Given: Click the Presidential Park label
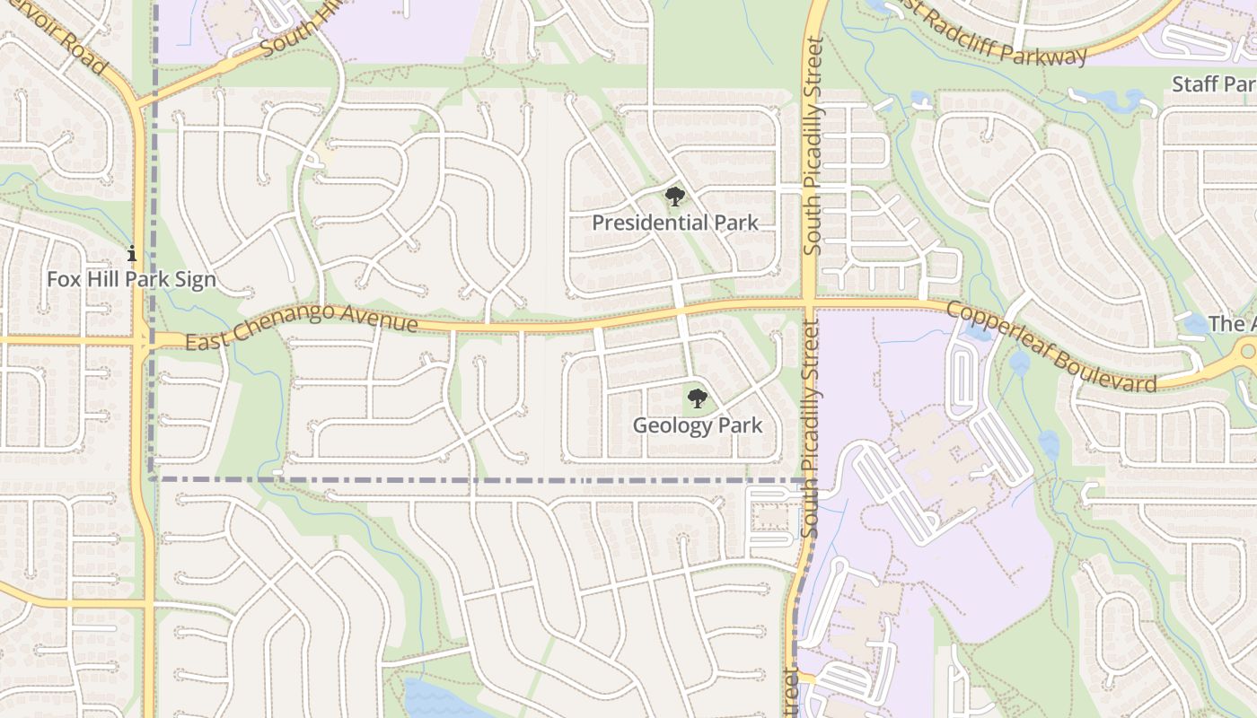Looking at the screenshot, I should coord(675,223).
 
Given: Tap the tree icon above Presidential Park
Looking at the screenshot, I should coord(674,197).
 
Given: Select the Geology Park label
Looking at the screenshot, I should coord(698,425).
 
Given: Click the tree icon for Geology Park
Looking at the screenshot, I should coord(698,398).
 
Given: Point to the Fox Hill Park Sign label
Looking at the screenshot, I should coord(132,279).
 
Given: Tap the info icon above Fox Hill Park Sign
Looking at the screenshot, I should coord(132,254).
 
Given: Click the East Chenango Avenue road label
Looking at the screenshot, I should coord(301,327).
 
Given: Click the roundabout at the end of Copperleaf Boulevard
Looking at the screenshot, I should coord(1249,352).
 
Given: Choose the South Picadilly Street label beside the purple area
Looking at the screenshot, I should coord(812,431).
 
